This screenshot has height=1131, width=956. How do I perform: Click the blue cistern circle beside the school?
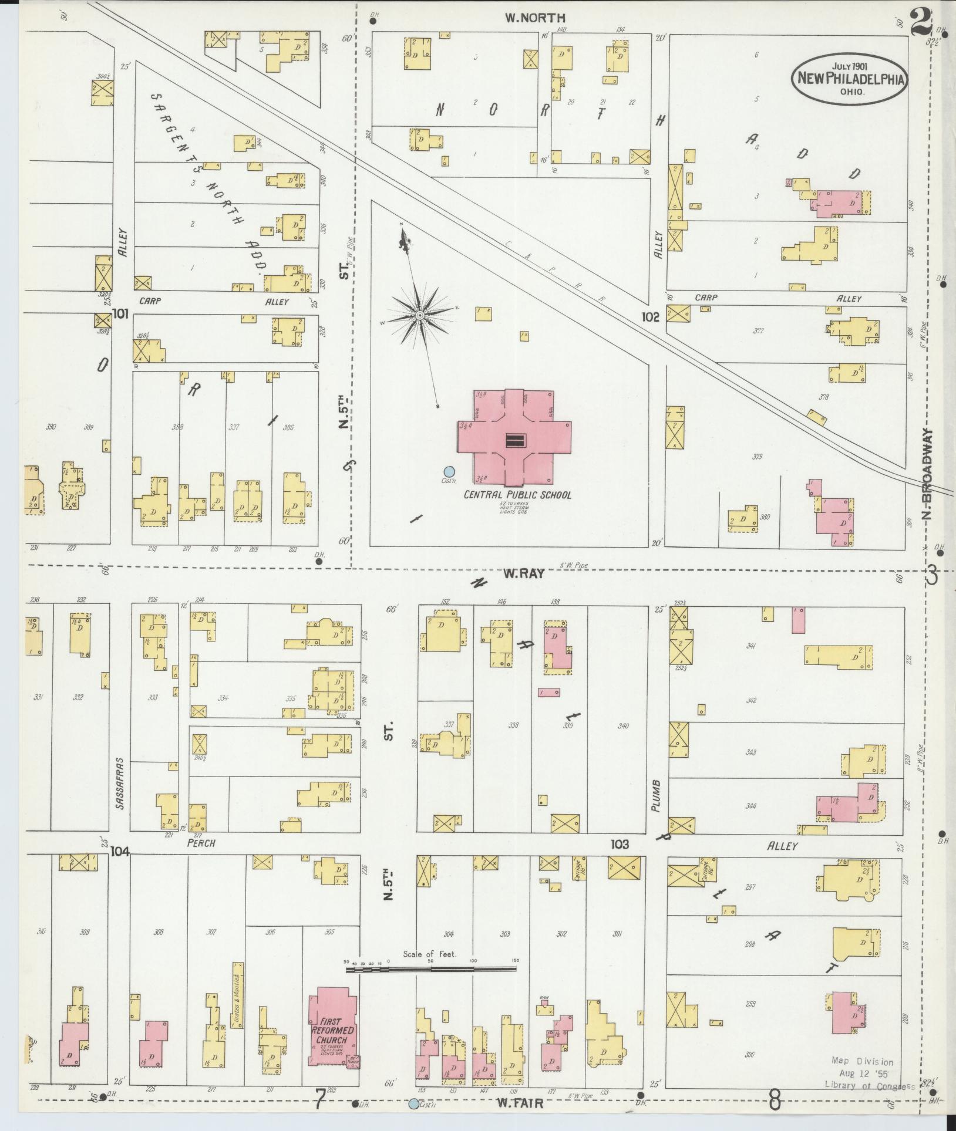click(x=449, y=471)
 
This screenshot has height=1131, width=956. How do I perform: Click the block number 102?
click(x=651, y=318)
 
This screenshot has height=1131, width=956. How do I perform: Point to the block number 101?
click(x=120, y=315)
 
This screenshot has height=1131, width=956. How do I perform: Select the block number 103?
click(x=620, y=845)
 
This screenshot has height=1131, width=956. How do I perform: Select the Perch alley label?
click(x=201, y=843)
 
